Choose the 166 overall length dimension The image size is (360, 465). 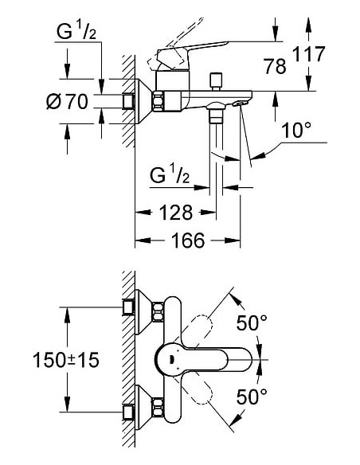[x=186, y=240]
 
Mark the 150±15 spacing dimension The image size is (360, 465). [x=67, y=361]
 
